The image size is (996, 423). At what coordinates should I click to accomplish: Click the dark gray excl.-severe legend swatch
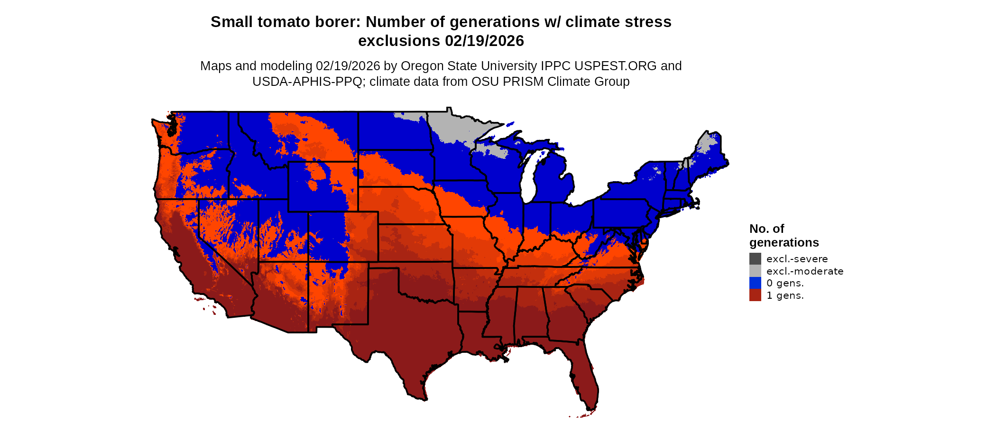(755, 258)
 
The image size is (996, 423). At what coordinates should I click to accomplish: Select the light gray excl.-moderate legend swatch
(755, 271)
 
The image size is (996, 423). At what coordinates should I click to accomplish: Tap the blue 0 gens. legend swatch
(755, 283)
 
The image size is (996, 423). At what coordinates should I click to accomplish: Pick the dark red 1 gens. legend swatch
(755, 295)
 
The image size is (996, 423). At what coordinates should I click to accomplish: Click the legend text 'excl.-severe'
(797, 259)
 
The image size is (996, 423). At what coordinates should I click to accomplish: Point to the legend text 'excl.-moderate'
(805, 271)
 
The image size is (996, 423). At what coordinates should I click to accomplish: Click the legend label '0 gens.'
(785, 283)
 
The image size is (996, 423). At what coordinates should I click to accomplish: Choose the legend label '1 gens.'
(785, 295)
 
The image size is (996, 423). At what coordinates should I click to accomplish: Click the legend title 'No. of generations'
(784, 236)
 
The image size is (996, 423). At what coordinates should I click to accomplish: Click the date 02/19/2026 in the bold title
(484, 41)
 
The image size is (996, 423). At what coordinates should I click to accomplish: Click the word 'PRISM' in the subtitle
(523, 82)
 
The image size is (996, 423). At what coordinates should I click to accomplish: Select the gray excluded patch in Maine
(707, 142)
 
